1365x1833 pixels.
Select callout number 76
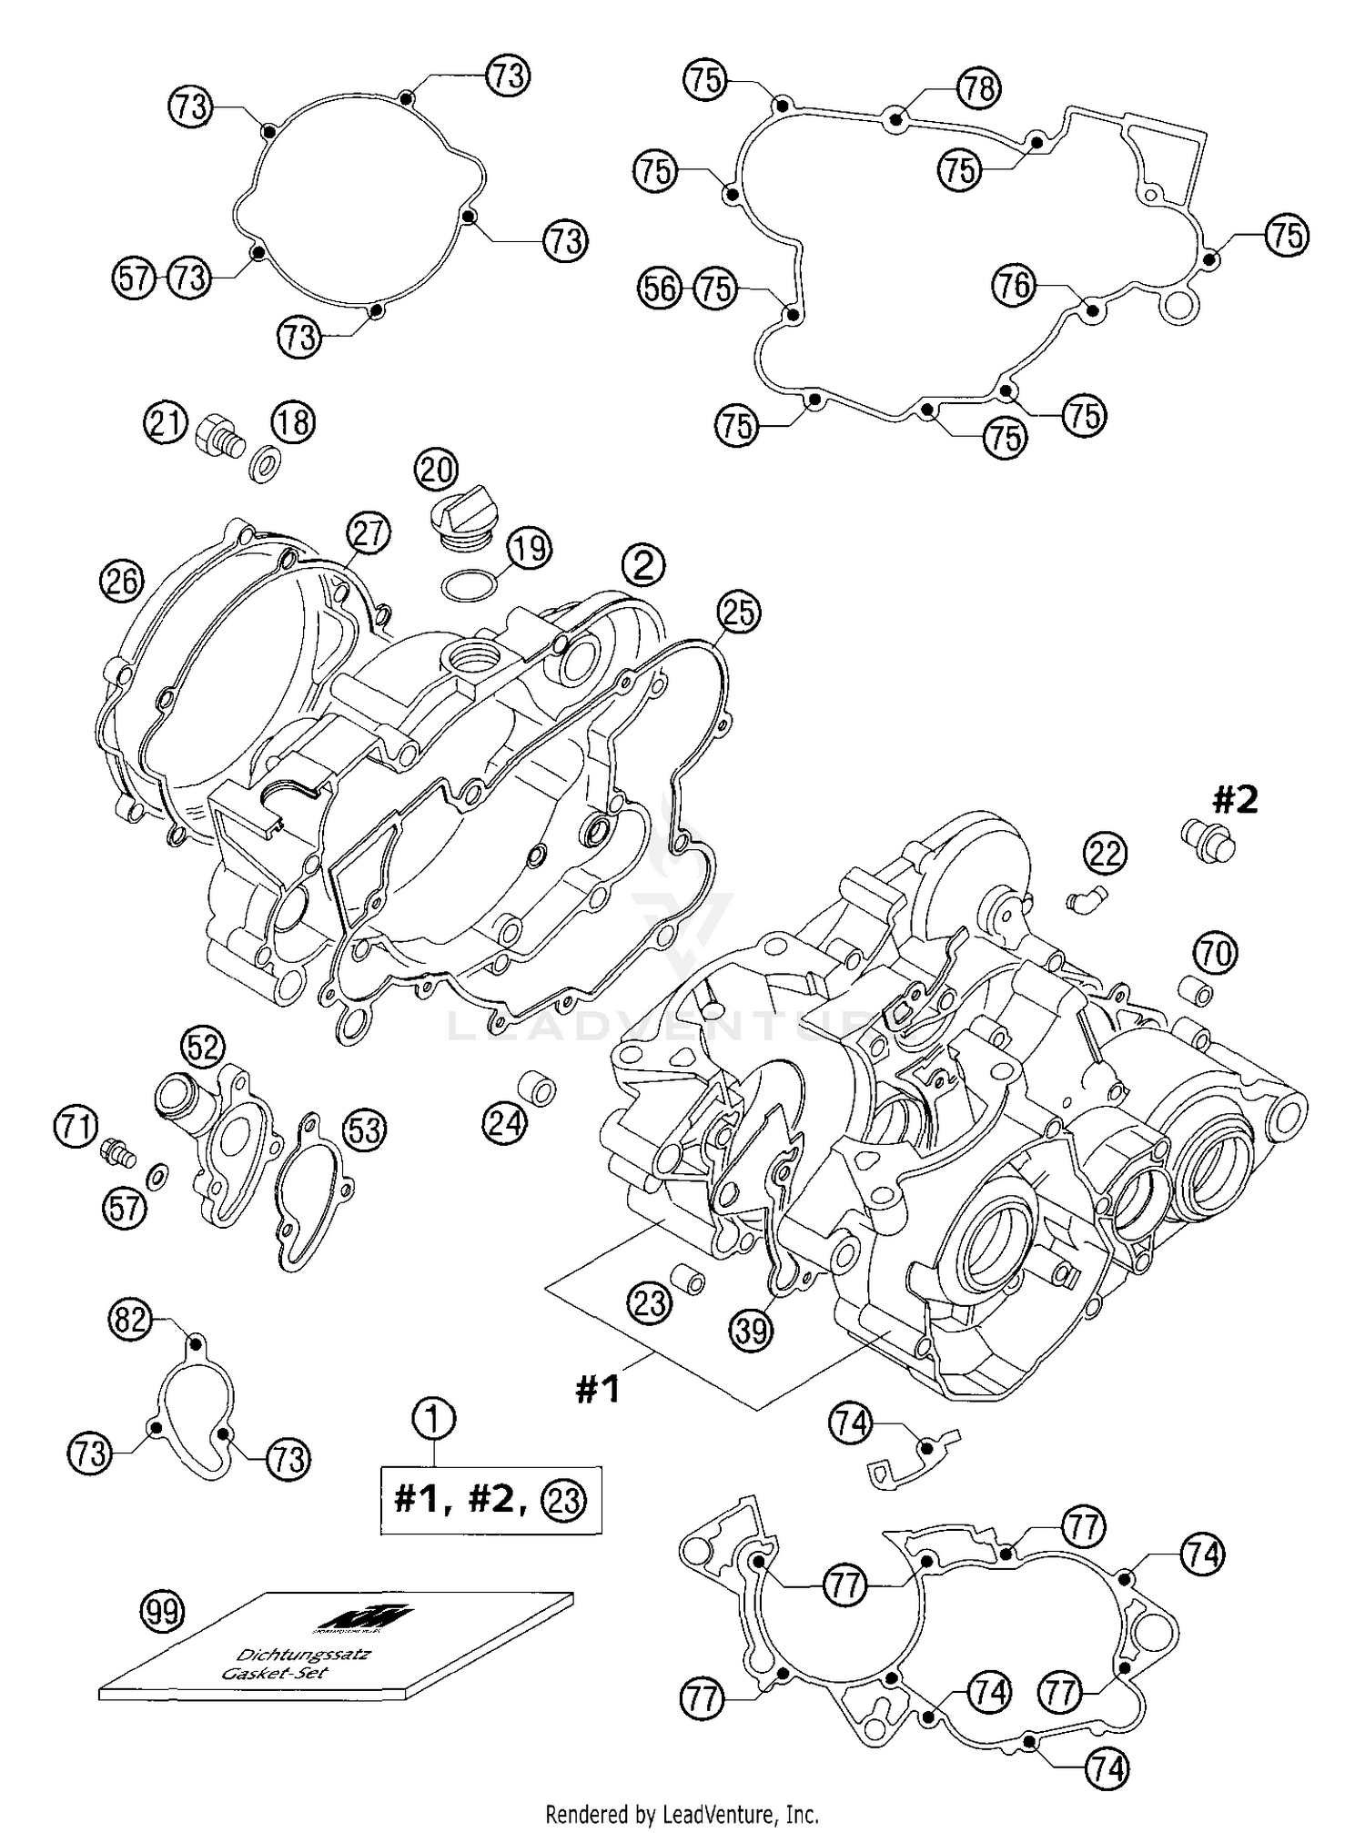point(1014,287)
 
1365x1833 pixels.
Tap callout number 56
point(659,289)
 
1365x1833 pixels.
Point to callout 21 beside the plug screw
point(165,425)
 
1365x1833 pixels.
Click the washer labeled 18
point(265,457)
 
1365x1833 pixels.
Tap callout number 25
point(738,613)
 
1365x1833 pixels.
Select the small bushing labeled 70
point(1198,990)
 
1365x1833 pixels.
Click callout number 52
point(202,1048)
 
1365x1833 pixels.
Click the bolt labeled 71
point(117,1153)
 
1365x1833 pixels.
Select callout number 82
point(130,1318)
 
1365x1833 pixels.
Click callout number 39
point(751,1331)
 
